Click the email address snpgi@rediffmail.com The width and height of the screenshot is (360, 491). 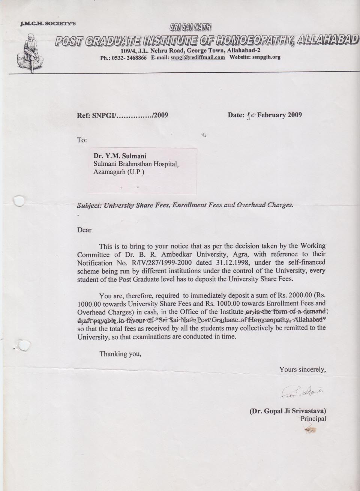click(x=198, y=58)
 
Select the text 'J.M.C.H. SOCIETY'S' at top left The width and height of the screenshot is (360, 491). click(x=49, y=23)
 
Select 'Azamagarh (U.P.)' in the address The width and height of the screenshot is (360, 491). click(x=118, y=172)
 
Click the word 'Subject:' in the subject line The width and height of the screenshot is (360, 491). click(x=88, y=205)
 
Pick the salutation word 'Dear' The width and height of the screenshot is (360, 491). click(x=84, y=230)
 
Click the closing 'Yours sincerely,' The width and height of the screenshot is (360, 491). click(x=302, y=370)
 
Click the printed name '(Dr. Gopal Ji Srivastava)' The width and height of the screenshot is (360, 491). click(x=288, y=410)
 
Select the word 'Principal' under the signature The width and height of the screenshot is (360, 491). click(x=313, y=419)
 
